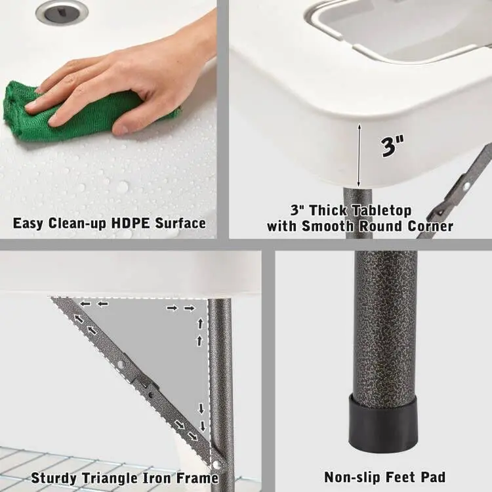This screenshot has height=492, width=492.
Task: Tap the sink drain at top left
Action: click(62, 11)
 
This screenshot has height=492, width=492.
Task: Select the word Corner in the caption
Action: click(429, 226)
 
